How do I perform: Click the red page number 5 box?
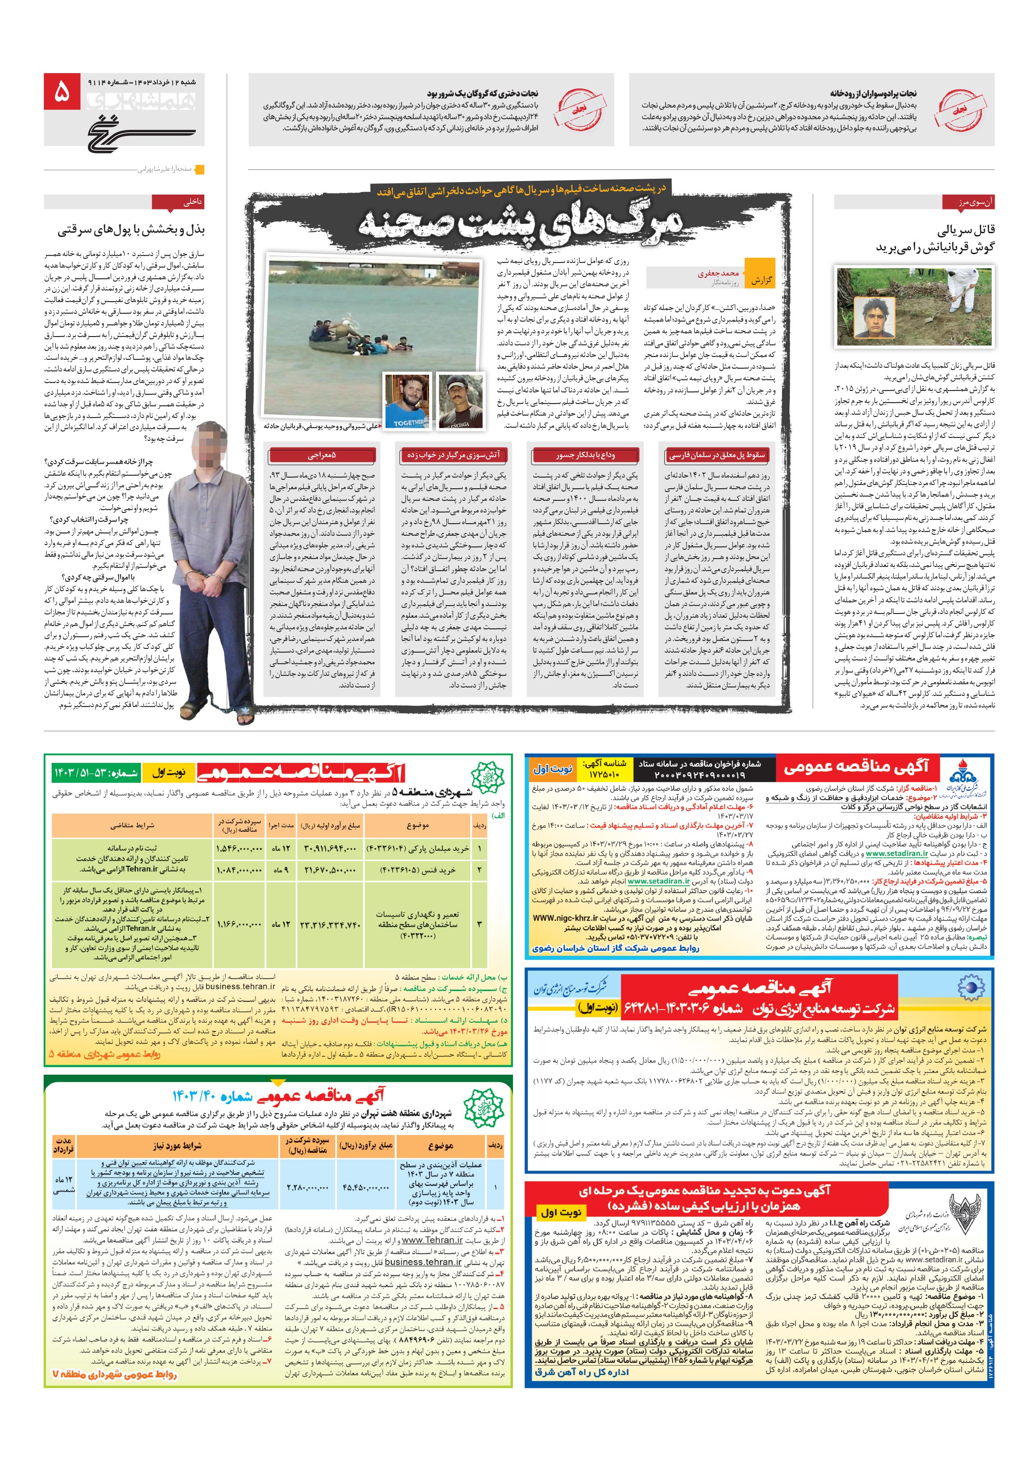(62, 94)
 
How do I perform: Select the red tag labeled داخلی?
(193, 202)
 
